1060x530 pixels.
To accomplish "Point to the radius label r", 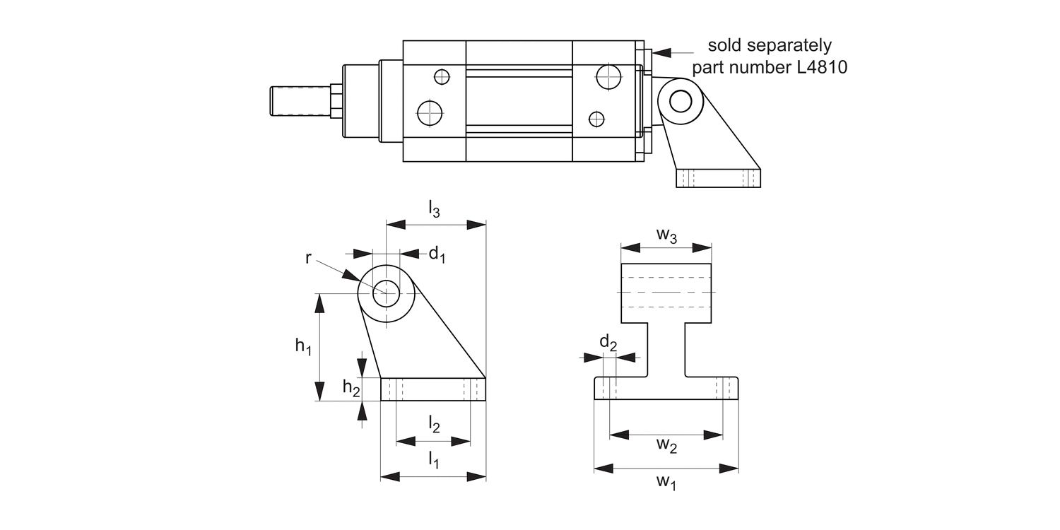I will coord(309,258).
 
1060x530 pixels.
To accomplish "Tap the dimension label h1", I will coord(303,346).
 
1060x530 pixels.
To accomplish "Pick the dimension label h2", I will coord(351,387).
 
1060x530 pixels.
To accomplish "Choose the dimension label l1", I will coord(434,460).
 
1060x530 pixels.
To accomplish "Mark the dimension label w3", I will coord(666,236).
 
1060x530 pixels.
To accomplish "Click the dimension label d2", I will coord(608,343).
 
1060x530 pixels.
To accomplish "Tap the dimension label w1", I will coord(666,482).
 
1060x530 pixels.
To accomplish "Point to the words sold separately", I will coord(770,46).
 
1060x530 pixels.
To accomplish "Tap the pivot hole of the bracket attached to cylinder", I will coord(681,101).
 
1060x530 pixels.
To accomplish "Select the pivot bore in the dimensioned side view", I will coord(386,293).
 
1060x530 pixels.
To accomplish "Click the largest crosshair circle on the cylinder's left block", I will coord(429,112).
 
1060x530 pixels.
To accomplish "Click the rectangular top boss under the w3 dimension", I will coord(666,292).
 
